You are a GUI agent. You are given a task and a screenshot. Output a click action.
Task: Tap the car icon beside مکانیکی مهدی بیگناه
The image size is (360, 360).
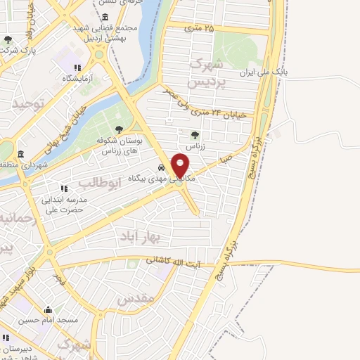162,168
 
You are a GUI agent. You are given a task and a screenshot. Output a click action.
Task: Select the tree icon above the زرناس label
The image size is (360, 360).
195,135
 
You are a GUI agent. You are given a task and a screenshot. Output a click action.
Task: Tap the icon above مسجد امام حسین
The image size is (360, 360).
49,309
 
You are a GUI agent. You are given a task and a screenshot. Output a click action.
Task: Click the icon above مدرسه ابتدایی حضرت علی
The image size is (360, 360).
64,188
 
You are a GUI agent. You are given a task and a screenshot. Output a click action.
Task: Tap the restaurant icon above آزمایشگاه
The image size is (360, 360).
70,67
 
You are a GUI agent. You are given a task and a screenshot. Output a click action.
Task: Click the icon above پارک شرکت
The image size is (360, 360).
8,40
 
